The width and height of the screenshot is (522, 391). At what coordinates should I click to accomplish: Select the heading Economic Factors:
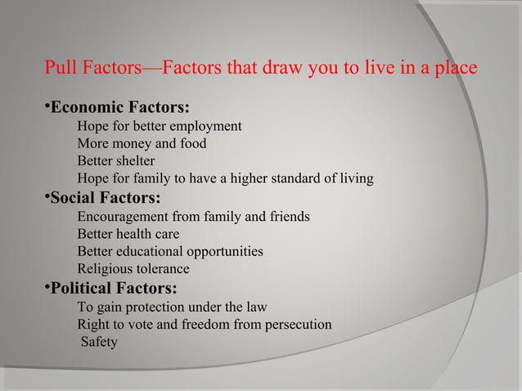tap(120, 108)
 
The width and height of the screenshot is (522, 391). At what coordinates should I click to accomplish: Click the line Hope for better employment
tap(159, 127)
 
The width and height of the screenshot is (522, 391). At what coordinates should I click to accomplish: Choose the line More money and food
tap(141, 144)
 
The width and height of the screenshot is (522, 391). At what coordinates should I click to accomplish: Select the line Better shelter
tap(115, 161)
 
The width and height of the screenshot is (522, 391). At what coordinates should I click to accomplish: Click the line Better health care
tap(128, 235)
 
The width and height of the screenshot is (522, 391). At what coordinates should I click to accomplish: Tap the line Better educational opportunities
tap(169, 251)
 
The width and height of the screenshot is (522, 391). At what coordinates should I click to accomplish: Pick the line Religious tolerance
tap(133, 268)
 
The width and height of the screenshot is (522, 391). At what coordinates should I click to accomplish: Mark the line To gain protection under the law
tap(160, 308)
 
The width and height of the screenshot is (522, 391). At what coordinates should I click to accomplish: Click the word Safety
tap(99, 342)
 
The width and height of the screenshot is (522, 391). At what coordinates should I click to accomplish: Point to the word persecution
tap(298, 325)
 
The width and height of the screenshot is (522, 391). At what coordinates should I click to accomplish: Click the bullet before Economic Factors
tap(47, 106)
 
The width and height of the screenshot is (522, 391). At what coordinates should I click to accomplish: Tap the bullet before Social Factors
tap(47, 196)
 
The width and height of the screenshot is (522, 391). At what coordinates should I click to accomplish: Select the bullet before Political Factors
tap(47, 286)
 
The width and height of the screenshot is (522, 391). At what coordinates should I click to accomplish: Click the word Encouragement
tap(119, 218)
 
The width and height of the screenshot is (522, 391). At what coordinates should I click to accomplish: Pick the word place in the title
tap(457, 67)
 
